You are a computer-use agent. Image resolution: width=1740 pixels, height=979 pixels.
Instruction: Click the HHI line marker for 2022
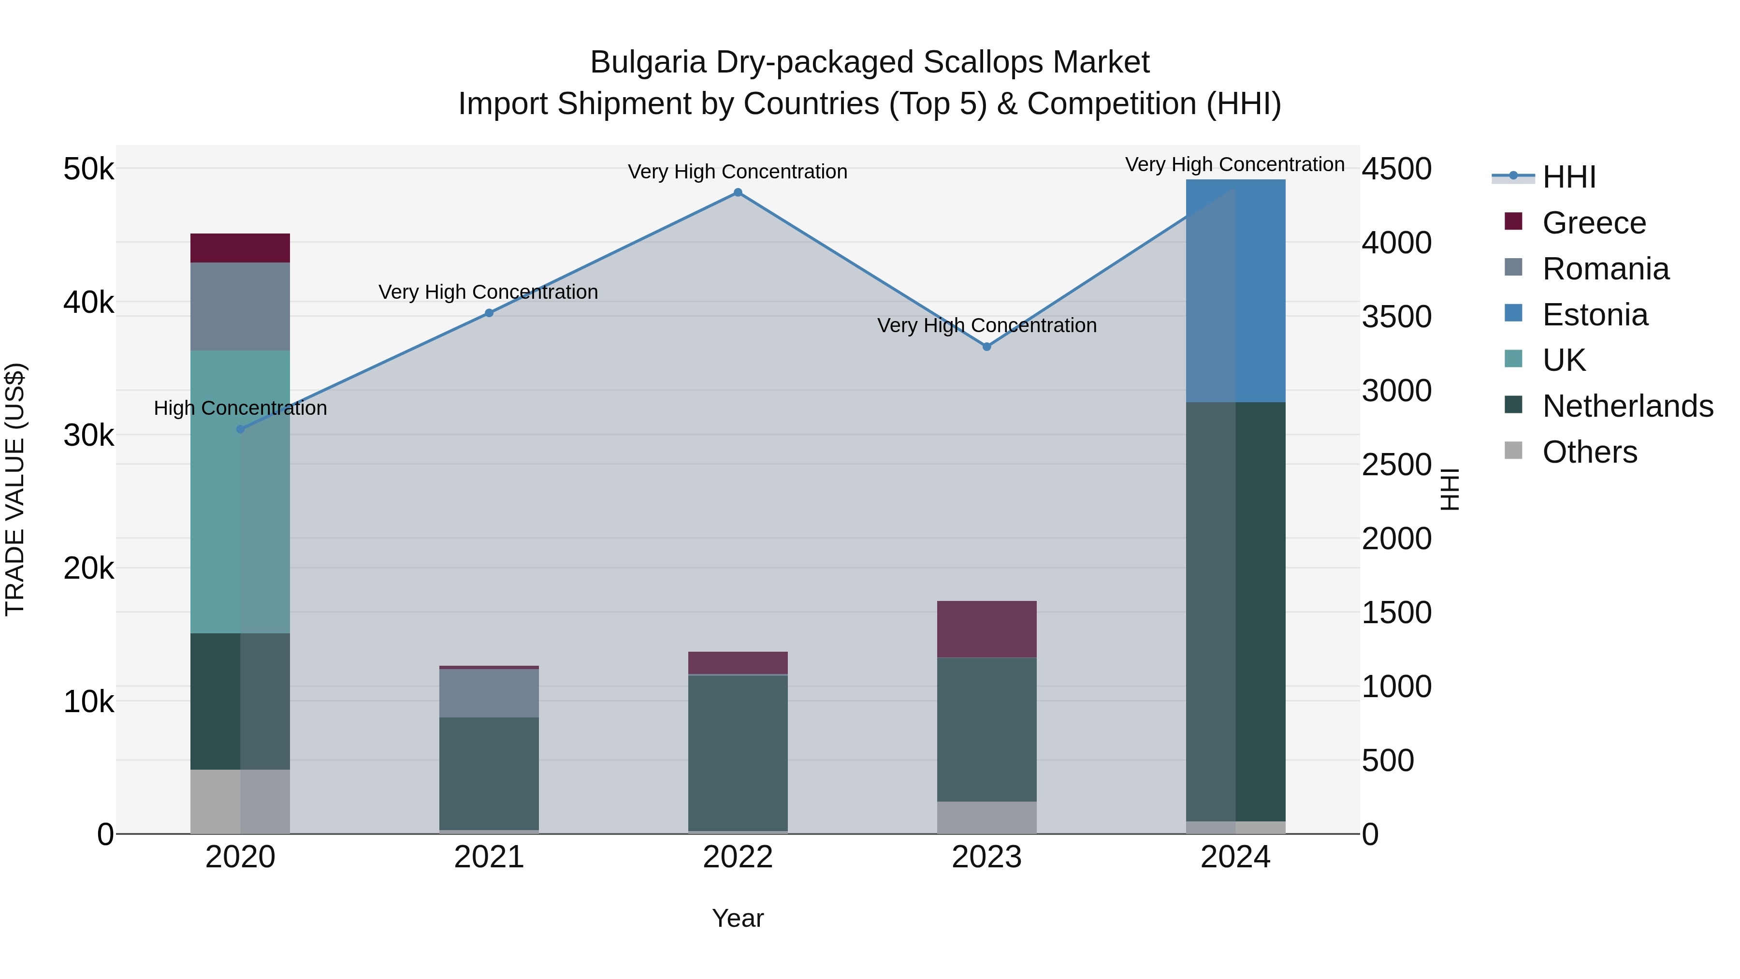coord(738,192)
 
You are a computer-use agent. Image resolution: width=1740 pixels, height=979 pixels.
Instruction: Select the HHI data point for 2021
coord(489,313)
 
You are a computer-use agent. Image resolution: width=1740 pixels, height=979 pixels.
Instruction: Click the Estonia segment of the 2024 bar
coord(1235,291)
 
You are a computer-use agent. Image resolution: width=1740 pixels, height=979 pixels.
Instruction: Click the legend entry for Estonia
coord(1595,315)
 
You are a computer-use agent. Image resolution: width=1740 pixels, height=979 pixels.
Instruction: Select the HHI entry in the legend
coord(1568,177)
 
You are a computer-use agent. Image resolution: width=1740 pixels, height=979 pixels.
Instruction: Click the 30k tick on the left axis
coord(88,436)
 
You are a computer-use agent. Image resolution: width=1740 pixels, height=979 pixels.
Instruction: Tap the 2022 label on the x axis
coord(738,857)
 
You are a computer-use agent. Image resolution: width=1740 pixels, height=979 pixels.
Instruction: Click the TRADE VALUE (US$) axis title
coord(15,489)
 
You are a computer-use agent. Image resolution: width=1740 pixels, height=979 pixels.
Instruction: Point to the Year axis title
coord(738,918)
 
